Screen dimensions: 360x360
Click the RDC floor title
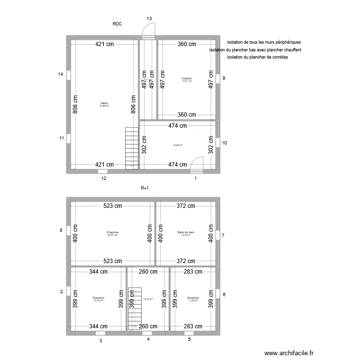117,23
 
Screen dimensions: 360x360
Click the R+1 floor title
145,189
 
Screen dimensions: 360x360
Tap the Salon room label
104,103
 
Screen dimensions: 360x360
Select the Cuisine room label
186,78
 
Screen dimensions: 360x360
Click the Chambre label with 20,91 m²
112,232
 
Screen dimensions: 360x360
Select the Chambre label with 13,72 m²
98,298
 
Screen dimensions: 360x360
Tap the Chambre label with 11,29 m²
193,298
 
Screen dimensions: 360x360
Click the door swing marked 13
149,31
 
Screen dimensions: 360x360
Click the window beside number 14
69,75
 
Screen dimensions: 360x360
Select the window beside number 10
218,143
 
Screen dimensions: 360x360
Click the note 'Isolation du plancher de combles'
257,58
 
